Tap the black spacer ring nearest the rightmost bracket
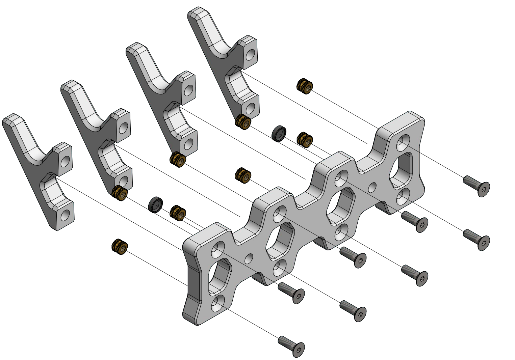pyautogui.click(x=279, y=134)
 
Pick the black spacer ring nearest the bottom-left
pyautogui.click(x=155, y=205)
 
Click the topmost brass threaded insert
pyautogui.click(x=305, y=86)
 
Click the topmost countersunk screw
pyautogui.click(x=477, y=186)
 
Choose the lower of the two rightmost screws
pyautogui.click(x=477, y=240)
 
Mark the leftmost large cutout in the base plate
pyautogui.click(x=220, y=277)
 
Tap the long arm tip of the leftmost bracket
pyautogui.click(x=12, y=121)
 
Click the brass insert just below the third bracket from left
pyautogui.click(x=178, y=160)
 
